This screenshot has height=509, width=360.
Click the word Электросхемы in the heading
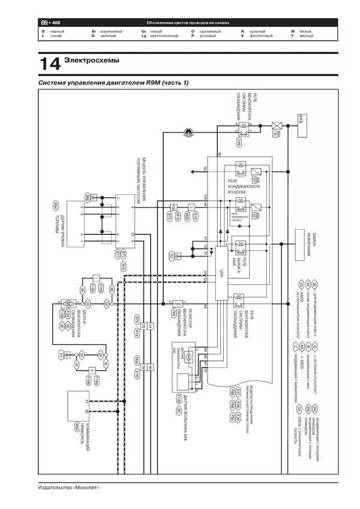click(x=92, y=61)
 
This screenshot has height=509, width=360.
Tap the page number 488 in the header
click(x=61, y=22)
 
